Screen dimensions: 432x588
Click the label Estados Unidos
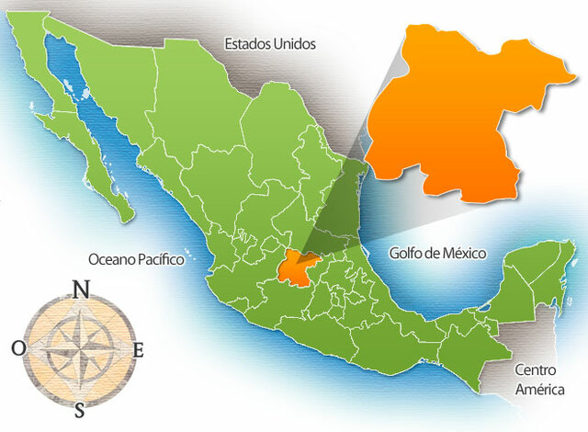click(x=270, y=43)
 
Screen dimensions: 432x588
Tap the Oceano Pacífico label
click(x=136, y=260)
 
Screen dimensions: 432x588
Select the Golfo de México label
click(x=436, y=253)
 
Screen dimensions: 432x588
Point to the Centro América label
click(x=537, y=380)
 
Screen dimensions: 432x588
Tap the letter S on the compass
click(x=81, y=408)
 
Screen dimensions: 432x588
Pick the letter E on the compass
click(x=139, y=349)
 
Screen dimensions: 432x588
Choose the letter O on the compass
click(x=19, y=347)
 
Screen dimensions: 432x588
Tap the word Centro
click(x=537, y=370)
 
